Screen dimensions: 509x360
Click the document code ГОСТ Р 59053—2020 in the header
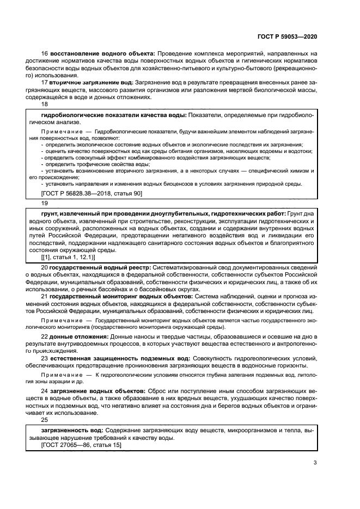[287, 36]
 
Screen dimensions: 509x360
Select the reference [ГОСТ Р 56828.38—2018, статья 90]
[91, 193]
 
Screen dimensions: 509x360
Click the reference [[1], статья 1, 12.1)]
[68, 256]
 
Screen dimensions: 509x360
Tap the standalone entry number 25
[45, 420]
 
